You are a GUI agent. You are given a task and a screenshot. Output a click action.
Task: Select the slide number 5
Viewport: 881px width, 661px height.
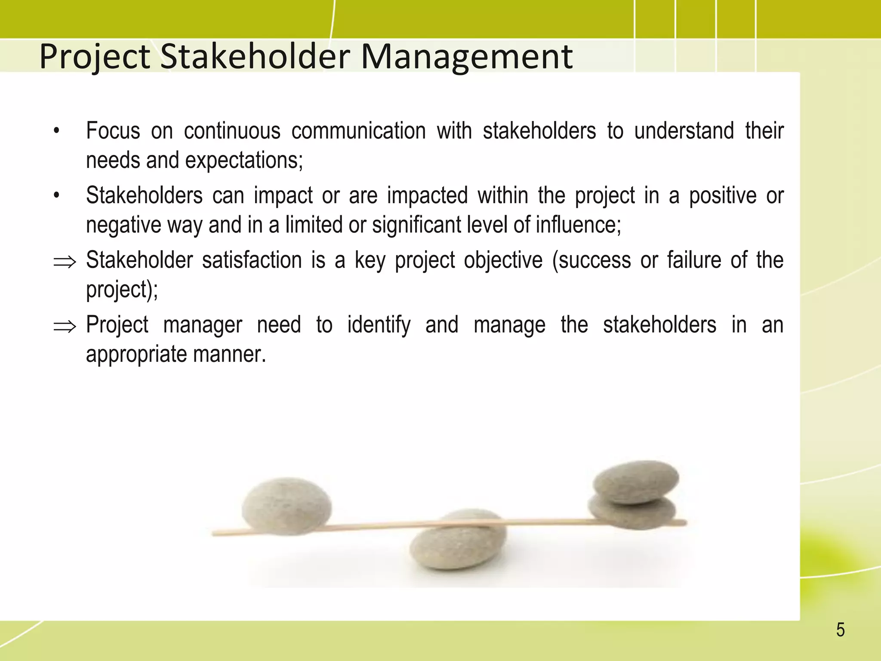(840, 630)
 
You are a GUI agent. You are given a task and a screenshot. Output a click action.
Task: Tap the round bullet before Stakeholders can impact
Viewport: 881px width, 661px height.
(56, 196)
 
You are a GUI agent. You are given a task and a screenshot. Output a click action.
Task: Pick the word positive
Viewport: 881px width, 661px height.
(723, 196)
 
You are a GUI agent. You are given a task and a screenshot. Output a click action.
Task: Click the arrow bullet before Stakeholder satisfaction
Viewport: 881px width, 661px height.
(65, 262)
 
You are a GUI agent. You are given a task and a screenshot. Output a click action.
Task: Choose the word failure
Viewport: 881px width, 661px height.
(694, 260)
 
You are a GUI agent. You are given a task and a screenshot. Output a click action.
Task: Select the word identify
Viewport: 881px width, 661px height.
(379, 325)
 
